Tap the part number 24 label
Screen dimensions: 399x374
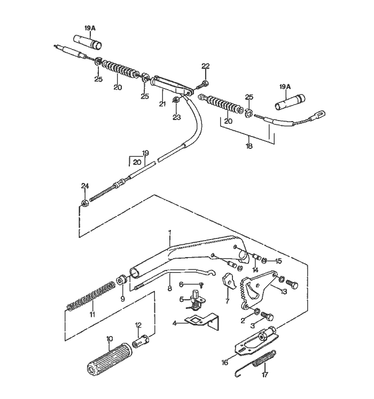coord(84,186)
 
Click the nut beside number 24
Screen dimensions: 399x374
coord(84,203)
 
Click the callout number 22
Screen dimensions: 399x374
coord(206,66)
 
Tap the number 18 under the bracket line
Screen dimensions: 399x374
coord(250,145)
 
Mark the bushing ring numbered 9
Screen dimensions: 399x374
coord(122,280)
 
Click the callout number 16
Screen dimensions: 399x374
coord(225,362)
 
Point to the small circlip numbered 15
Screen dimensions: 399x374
coord(266,261)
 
